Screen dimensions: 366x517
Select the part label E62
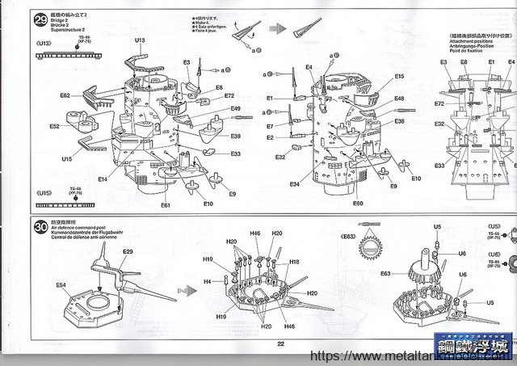coord(65,96)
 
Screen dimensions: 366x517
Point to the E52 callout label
coord(55,127)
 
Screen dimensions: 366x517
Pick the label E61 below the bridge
coord(165,205)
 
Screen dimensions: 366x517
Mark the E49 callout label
coord(235,109)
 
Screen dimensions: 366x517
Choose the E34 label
coord(295,185)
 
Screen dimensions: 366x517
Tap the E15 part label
coord(399,77)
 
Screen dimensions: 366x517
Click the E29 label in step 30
coord(128,252)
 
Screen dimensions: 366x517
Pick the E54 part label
coord(61,285)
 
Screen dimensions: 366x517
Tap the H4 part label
coord(207,281)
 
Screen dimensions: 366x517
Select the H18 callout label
coord(294,262)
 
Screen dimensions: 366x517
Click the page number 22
coord(281,343)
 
